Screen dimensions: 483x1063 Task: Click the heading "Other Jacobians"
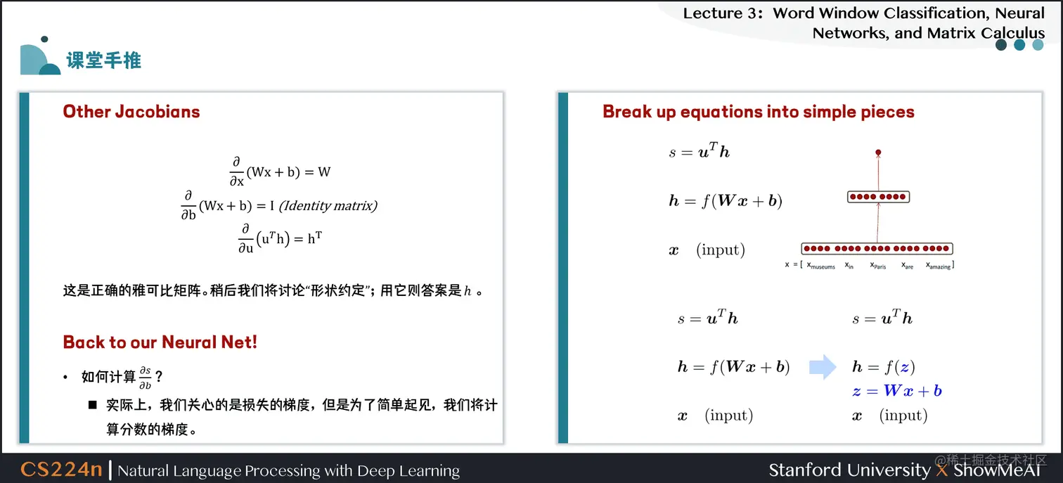tap(131, 112)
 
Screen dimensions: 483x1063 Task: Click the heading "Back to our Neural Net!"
tap(160, 342)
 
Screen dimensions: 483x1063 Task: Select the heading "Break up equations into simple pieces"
tap(759, 112)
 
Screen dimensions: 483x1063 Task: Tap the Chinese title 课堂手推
tap(104, 60)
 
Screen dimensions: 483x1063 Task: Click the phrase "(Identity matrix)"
tap(328, 205)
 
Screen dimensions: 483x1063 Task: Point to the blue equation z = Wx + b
tap(896, 391)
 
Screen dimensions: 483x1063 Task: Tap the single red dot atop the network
tap(878, 152)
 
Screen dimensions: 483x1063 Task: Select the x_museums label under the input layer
tap(821, 266)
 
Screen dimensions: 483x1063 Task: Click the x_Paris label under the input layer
tap(877, 266)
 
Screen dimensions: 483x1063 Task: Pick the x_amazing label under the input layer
tap(938, 266)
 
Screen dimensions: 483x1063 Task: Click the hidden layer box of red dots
tap(878, 197)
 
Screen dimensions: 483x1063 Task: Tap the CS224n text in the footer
tap(61, 470)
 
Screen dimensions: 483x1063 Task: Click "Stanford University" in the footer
tap(849, 470)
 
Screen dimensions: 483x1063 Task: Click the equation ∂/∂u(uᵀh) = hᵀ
tap(280, 238)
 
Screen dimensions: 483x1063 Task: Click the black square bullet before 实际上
tap(92, 405)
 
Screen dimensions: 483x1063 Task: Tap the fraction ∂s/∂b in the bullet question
tap(145, 378)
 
